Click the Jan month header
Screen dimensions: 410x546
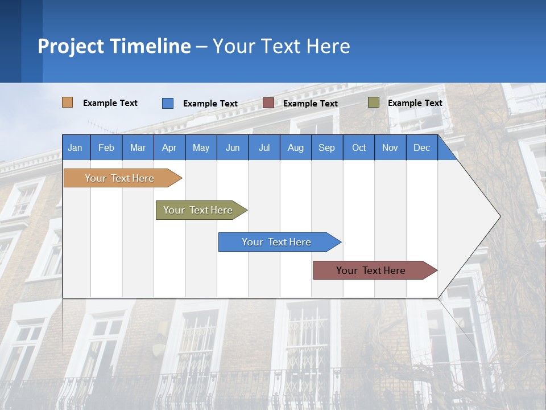pyautogui.click(x=76, y=147)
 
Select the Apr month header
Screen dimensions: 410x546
pyautogui.click(x=169, y=147)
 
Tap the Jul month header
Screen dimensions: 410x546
pyautogui.click(x=264, y=147)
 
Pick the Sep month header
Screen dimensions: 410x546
pyautogui.click(x=326, y=147)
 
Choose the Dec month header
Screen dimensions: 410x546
pyautogui.click(x=421, y=147)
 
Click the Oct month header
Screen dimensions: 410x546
pyautogui.click(x=358, y=147)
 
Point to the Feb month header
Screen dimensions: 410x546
pyautogui.click(x=106, y=147)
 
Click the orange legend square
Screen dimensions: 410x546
pyautogui.click(x=67, y=102)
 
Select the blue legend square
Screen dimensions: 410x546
pyautogui.click(x=168, y=103)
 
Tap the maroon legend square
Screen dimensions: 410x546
pyautogui.click(x=268, y=103)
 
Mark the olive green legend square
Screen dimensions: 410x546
pyautogui.click(x=373, y=102)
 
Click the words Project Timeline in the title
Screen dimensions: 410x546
pyautogui.click(x=114, y=46)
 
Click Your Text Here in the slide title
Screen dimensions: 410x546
pyautogui.click(x=281, y=46)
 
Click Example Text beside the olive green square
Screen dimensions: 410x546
pyautogui.click(x=415, y=102)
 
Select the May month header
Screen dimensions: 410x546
pyautogui.click(x=201, y=147)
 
